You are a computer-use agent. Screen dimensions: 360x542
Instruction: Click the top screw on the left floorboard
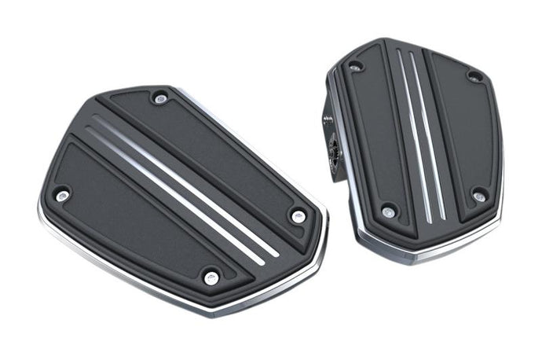pyautogui.click(x=161, y=98)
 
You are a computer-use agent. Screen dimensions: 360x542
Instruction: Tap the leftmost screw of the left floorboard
pyautogui.click(x=61, y=193)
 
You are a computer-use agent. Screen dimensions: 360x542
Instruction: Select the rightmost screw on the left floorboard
pyautogui.click(x=298, y=215)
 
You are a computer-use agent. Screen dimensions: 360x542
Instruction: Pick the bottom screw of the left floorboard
pyautogui.click(x=211, y=277)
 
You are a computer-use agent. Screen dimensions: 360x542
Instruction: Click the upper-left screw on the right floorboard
pyautogui.click(x=355, y=66)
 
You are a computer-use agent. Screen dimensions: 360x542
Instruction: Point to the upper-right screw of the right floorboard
pyautogui.click(x=474, y=76)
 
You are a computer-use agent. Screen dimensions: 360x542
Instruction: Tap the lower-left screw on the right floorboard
pyautogui.click(x=388, y=211)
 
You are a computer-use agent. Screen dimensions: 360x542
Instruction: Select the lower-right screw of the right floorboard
pyautogui.click(x=478, y=194)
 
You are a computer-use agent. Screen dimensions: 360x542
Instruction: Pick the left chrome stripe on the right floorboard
pyautogui.click(x=414, y=134)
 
